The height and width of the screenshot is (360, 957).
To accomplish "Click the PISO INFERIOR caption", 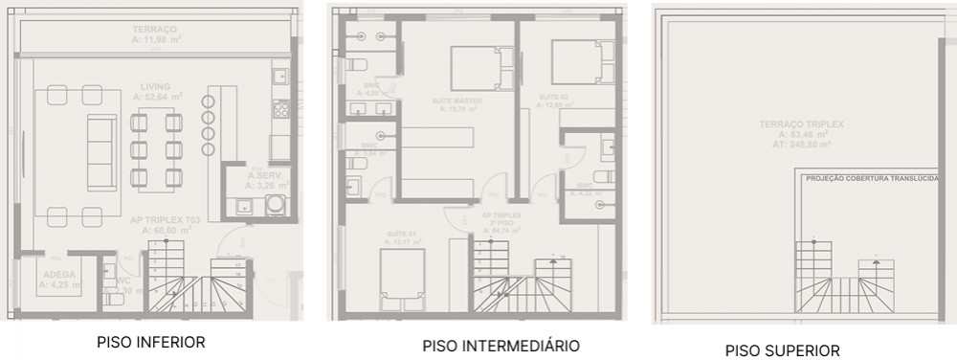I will (150, 341).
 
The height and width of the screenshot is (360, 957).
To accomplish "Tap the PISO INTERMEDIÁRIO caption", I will (501, 345).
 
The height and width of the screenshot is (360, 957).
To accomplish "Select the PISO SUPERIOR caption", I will (782, 350).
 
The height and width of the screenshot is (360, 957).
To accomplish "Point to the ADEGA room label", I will (58, 273).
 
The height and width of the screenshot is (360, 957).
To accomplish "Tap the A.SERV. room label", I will (261, 176).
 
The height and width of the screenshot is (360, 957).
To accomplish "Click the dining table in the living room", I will (154, 145).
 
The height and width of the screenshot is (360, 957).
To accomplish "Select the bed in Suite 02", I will (582, 62).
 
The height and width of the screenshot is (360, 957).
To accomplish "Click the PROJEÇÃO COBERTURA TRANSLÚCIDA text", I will (872, 178).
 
